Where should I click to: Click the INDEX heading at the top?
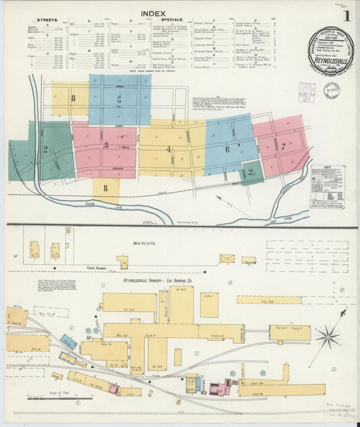153,14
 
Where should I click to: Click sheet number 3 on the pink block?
105,145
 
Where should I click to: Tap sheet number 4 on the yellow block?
168,149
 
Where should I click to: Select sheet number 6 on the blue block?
228,149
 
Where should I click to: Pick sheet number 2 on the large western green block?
45,149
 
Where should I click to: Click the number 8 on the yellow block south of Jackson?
105,189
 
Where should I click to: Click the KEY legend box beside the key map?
327,187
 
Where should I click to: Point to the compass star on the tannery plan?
328,335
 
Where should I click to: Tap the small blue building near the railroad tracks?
68,341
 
